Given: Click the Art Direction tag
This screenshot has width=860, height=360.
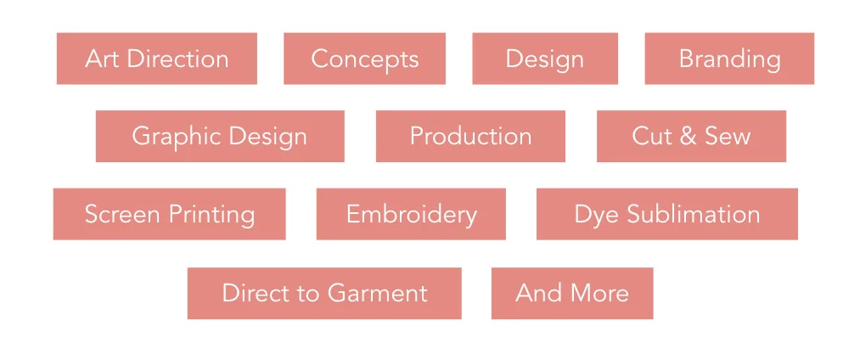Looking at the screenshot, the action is (x=156, y=59).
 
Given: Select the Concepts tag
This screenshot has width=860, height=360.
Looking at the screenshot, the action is (x=364, y=59).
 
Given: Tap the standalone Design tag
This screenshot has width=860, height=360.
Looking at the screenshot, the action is (x=544, y=59).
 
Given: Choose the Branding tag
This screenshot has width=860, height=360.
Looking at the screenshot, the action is (x=729, y=59).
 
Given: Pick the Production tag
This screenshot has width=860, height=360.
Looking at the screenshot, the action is (x=470, y=136).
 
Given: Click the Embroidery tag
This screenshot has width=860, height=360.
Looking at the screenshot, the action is (x=411, y=214).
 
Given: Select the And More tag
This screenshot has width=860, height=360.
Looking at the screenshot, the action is (x=572, y=293).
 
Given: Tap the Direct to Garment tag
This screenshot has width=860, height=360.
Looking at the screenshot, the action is (x=324, y=293).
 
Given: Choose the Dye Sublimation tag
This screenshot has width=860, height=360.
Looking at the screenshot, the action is (x=666, y=214).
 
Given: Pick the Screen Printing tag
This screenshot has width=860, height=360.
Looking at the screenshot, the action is (x=169, y=214).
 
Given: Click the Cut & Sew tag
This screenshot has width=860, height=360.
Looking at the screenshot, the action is (x=691, y=136).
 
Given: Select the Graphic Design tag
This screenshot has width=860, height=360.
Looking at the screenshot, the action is (x=220, y=136).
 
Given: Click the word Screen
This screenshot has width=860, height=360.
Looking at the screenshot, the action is (x=123, y=214).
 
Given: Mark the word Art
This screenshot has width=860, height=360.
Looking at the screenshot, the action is (x=102, y=59).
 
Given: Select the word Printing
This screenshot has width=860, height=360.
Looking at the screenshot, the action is (x=212, y=215).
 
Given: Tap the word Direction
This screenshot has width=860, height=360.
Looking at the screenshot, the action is (x=178, y=59).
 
